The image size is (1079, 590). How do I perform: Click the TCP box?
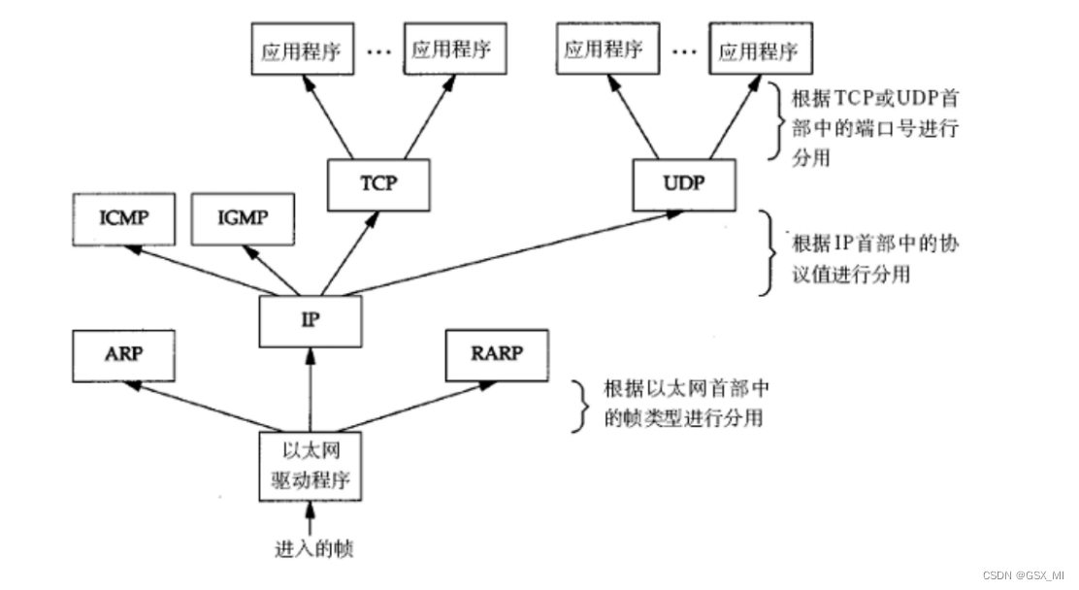[x=377, y=183]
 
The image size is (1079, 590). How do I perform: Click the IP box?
[x=310, y=319]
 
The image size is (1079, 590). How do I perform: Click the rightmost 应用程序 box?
[x=761, y=50]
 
